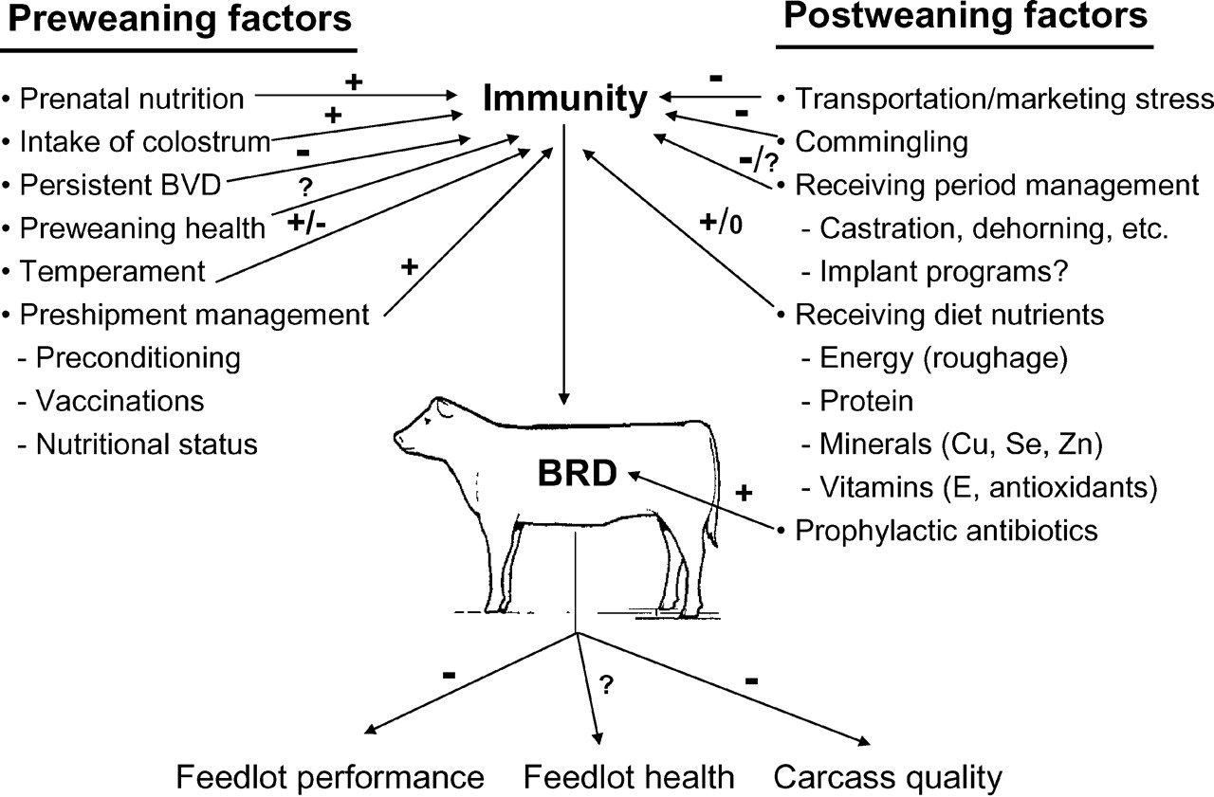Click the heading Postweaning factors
click(964, 17)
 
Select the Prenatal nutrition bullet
click(131, 98)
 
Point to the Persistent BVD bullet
click(120, 186)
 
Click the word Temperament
click(111, 272)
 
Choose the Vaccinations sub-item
click(120, 401)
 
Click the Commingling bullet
click(881, 142)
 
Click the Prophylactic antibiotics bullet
click(946, 530)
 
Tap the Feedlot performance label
click(330, 778)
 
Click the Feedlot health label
click(630, 778)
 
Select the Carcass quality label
click(888, 778)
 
